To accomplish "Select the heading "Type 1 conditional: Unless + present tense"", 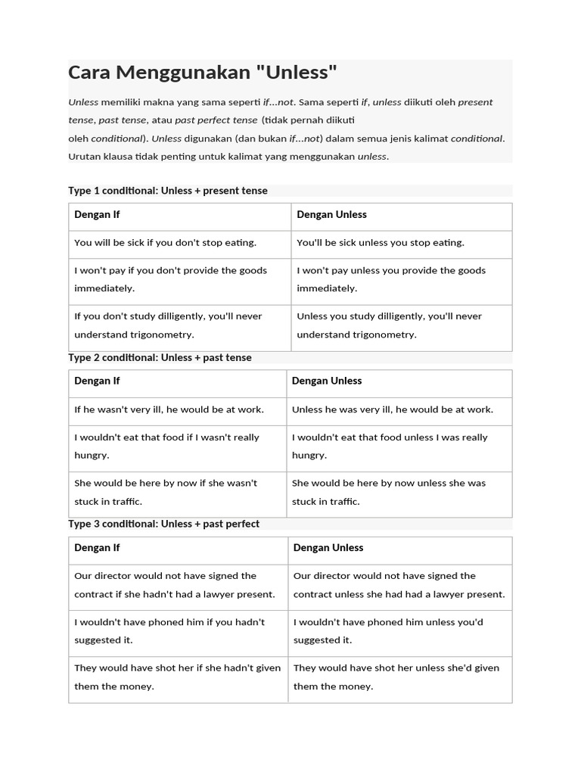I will [168, 191].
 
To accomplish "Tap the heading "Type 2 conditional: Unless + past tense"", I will [160, 357].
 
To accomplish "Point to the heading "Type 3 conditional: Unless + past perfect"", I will [164, 524].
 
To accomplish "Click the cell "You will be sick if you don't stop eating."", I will [166, 243].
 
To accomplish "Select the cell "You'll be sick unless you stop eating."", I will [381, 243].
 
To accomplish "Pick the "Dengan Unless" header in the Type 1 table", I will [331, 215].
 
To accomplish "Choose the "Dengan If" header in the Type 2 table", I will [97, 381].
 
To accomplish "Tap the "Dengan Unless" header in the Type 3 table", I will [328, 548].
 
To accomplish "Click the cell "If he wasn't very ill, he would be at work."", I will [169, 409].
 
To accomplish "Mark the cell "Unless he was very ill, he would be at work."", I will [393, 409].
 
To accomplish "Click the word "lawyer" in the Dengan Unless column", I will [442, 595].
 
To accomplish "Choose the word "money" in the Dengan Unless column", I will [354, 686].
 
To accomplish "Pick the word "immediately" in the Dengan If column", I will [104, 288].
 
